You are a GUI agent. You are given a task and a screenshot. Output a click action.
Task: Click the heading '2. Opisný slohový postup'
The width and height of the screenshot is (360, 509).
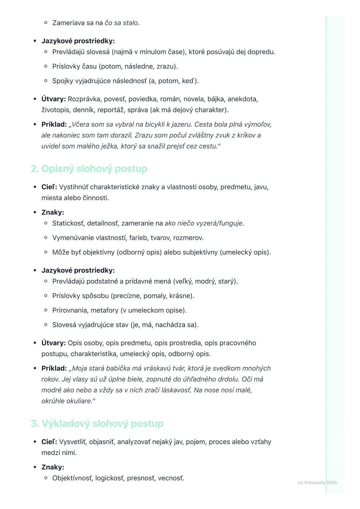[89, 169]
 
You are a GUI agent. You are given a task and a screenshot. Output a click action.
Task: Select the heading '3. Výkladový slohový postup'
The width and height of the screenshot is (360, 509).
[97, 423]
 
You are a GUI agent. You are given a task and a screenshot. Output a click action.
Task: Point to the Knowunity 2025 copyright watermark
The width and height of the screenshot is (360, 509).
[317, 482]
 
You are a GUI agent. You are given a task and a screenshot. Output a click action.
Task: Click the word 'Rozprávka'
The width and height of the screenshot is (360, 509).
[84, 99]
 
